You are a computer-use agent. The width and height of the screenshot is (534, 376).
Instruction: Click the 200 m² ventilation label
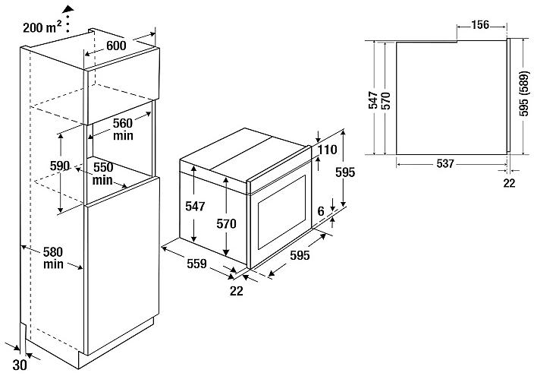(42, 27)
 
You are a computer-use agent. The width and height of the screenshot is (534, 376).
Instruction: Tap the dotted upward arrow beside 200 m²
(69, 19)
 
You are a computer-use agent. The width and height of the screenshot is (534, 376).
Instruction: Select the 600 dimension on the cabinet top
(116, 46)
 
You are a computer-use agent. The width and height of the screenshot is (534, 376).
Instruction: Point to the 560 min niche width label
(123, 129)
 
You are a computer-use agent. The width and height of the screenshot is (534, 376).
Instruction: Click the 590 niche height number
(60, 166)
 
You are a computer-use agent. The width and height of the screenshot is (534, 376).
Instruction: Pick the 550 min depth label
(103, 173)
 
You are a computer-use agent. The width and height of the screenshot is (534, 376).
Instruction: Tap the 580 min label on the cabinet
(53, 258)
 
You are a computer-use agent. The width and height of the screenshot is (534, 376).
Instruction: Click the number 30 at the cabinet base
(20, 365)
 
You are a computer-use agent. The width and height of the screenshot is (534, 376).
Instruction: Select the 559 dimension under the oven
(196, 264)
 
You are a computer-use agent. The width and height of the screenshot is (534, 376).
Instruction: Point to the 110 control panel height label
(327, 150)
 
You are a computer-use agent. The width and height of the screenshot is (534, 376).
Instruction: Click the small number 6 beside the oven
(321, 211)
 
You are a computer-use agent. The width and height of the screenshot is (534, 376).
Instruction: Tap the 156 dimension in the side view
(480, 24)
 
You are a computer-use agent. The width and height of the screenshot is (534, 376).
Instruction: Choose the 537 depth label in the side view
(445, 164)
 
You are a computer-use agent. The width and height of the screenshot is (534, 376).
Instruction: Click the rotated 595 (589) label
(525, 94)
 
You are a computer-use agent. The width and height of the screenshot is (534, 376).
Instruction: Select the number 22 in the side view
(509, 183)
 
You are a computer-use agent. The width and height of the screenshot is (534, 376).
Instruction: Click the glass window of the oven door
(281, 212)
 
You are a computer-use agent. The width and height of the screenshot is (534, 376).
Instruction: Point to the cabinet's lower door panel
(123, 266)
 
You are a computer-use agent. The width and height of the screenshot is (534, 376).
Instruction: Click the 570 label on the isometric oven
(226, 224)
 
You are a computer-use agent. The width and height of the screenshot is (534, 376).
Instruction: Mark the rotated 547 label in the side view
(373, 100)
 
